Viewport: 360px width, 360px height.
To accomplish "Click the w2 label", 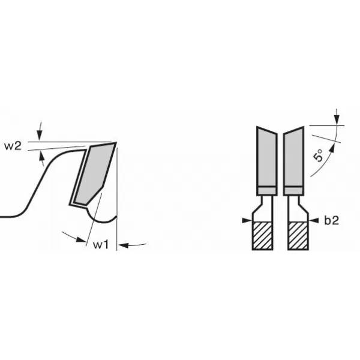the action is [x=13, y=146].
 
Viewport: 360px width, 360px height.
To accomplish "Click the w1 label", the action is [x=101, y=245].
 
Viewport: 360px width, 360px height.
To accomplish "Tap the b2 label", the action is [x=332, y=220].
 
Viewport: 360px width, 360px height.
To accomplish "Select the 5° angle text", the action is [x=318, y=155].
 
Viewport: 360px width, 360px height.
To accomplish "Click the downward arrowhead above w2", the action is [x=40, y=135].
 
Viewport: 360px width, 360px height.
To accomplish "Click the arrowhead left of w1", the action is [x=81, y=239].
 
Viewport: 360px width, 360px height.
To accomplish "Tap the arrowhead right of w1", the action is [x=124, y=245].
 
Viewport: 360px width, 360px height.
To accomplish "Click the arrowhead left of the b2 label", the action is [x=314, y=220].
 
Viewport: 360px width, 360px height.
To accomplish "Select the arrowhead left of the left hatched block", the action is [x=247, y=220].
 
